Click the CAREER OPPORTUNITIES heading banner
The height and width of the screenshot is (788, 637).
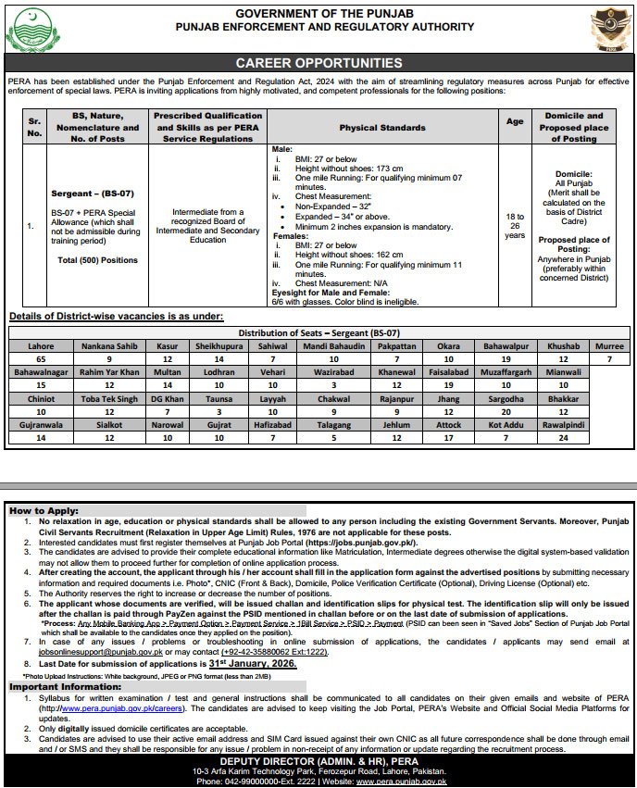pyautogui.click(x=318, y=63)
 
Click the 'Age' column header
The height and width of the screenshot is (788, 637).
pyautogui.click(x=514, y=120)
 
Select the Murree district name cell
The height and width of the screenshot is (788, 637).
pyautogui.click(x=609, y=344)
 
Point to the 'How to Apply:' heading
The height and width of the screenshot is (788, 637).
pyautogui.click(x=41, y=510)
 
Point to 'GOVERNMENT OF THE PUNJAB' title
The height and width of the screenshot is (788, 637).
pyautogui.click(x=318, y=12)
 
